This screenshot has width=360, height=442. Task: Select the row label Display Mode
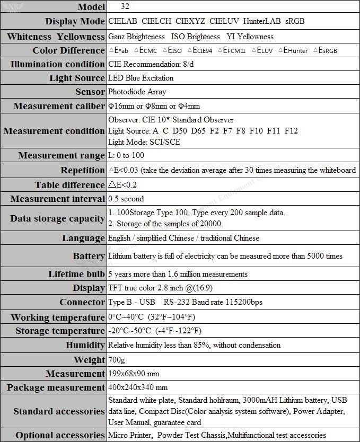75,22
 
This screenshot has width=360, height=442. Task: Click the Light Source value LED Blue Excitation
141,78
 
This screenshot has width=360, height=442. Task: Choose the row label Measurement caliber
59,106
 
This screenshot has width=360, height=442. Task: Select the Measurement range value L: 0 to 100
126,156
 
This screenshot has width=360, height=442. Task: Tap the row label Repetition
82,171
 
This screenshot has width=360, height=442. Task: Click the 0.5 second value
126,199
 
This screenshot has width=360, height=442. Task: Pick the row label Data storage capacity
57,218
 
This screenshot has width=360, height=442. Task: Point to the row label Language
83,238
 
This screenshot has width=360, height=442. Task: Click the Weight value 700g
117,360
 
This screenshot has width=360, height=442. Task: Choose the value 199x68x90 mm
133,374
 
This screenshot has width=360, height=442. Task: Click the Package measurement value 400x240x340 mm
137,388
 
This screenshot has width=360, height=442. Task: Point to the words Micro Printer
130,436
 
